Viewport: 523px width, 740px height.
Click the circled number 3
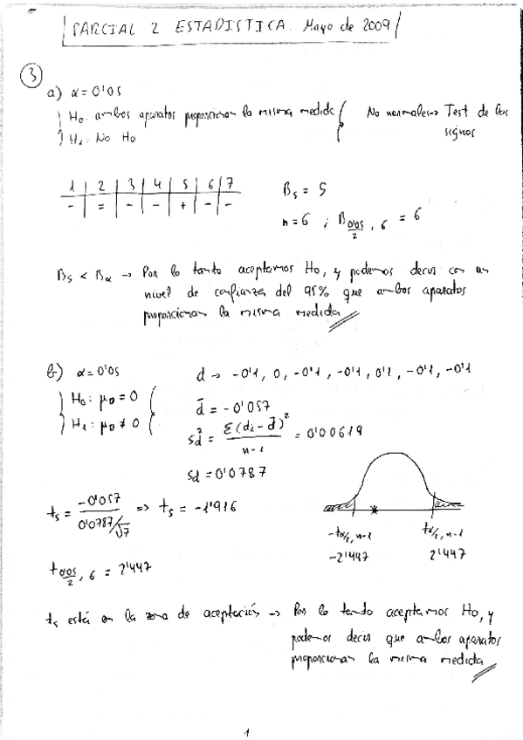point(30,77)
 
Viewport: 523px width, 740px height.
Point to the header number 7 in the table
point(228,185)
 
